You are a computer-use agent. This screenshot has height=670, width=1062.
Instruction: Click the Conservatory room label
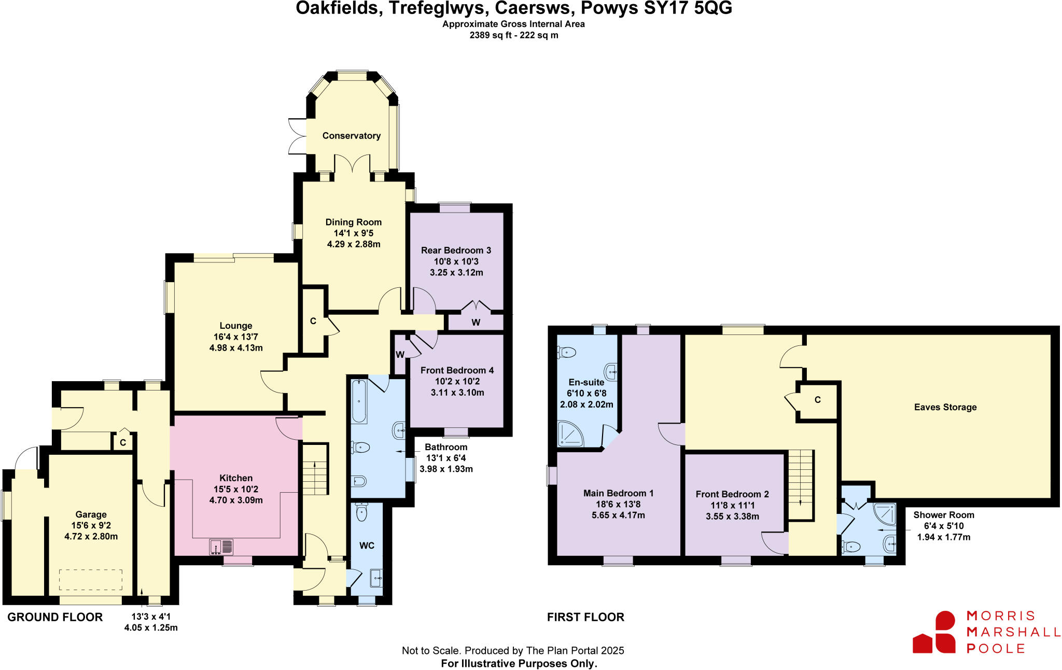(x=352, y=136)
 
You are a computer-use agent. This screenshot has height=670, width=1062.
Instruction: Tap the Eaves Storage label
(x=945, y=407)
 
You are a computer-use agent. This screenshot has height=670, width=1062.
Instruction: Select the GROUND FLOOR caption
(x=55, y=617)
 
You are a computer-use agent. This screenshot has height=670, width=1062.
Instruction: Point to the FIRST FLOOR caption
(x=585, y=617)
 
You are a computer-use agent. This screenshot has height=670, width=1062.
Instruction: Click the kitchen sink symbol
(x=221, y=547)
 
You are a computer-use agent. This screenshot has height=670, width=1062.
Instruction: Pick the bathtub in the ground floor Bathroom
(x=359, y=401)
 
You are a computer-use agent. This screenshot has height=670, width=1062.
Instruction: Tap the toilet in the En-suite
(x=566, y=353)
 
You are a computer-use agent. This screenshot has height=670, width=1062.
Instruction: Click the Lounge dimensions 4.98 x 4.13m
(x=236, y=347)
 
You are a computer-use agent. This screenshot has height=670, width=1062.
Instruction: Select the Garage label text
(x=91, y=514)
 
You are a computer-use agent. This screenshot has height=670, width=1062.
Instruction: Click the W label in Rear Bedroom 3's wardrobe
(x=476, y=323)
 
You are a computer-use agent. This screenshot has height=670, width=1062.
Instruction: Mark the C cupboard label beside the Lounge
(x=313, y=322)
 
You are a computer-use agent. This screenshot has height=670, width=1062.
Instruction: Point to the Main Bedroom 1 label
(x=618, y=493)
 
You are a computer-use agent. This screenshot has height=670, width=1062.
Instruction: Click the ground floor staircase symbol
(x=315, y=469)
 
